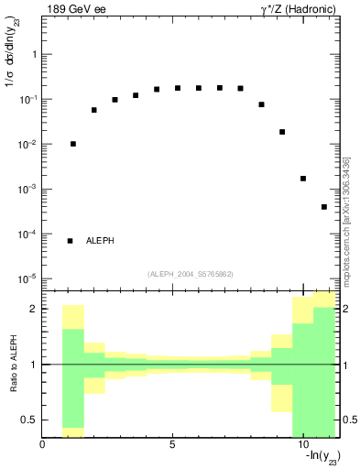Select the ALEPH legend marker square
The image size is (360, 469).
tap(70, 241)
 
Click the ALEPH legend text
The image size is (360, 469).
tap(101, 241)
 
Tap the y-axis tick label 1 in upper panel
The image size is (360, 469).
tap(34, 55)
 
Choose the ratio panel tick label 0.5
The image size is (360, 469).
tap(30, 420)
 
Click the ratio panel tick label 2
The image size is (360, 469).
tap(34, 309)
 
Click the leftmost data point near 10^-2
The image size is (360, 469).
tap(73, 144)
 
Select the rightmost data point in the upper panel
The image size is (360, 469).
tap(324, 207)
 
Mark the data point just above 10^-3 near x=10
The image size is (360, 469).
tap(303, 179)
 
